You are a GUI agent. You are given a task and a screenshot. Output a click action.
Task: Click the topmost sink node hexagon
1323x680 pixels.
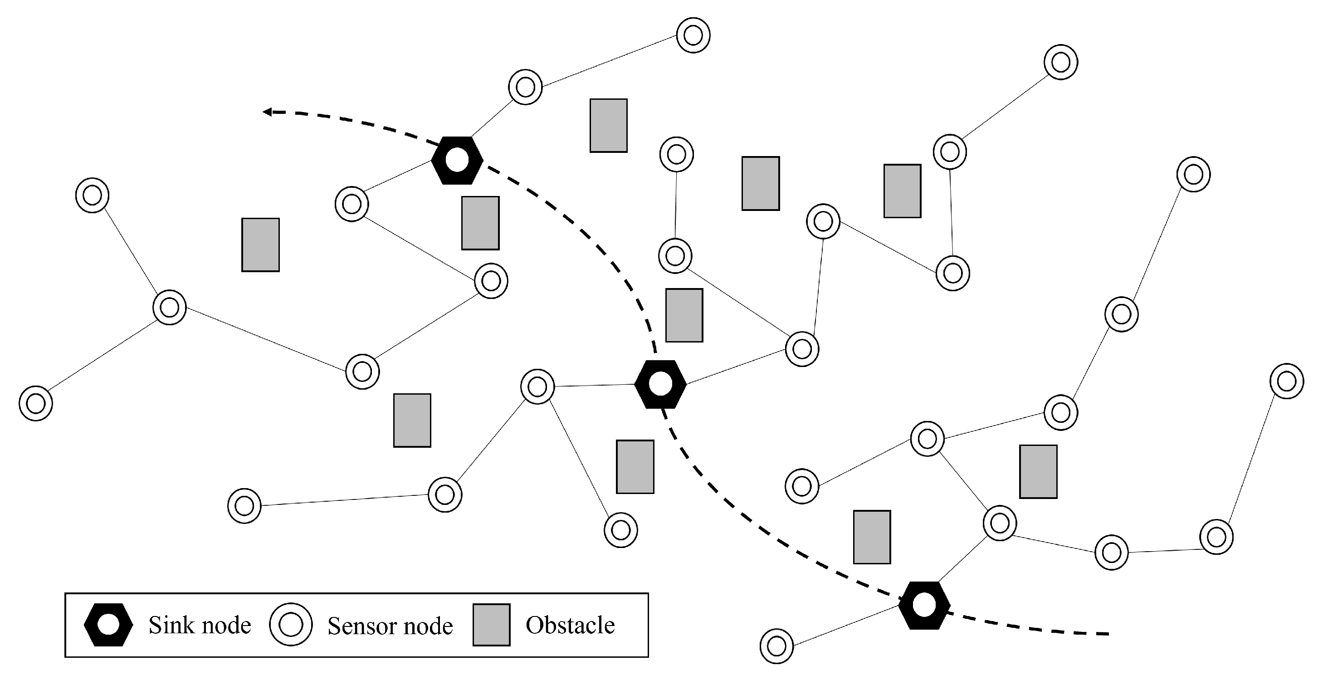tap(457, 161)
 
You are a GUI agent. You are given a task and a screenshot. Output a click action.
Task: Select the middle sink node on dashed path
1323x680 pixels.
tap(660, 384)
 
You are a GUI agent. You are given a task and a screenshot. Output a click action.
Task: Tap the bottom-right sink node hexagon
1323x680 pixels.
tap(924, 605)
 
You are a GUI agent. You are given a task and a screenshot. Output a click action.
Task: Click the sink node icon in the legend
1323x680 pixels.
tap(108, 625)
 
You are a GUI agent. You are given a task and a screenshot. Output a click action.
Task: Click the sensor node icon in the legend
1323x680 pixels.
tap(291, 625)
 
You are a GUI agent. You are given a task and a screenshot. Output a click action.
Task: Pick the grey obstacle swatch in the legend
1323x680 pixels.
tap(491, 625)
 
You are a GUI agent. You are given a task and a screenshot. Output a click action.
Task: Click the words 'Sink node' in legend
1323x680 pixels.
tap(200, 625)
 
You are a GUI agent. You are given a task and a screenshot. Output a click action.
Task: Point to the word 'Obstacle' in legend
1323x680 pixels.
tap(570, 625)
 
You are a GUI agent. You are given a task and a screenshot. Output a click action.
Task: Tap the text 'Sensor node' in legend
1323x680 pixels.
tap(391, 626)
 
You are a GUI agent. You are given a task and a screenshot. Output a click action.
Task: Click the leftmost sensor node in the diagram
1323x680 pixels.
tap(35, 403)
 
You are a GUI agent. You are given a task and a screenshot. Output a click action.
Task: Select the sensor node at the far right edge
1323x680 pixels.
tap(1287, 381)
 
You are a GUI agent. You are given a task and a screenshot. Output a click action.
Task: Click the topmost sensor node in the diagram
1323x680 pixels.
tap(693, 35)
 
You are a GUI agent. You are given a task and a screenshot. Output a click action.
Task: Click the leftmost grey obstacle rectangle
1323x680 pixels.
tap(260, 245)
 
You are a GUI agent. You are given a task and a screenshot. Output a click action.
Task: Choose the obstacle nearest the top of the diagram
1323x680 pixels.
tap(608, 126)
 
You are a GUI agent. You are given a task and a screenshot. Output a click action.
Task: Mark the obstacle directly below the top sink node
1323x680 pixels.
tap(480, 223)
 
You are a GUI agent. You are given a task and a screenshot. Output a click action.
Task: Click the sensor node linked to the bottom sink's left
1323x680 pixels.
tap(776, 646)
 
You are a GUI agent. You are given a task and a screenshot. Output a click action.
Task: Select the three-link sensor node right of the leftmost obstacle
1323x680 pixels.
tap(170, 308)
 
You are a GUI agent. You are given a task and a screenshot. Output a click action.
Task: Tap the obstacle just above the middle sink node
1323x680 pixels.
tap(684, 315)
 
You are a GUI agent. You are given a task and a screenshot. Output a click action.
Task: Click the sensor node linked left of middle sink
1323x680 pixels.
tap(537, 386)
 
